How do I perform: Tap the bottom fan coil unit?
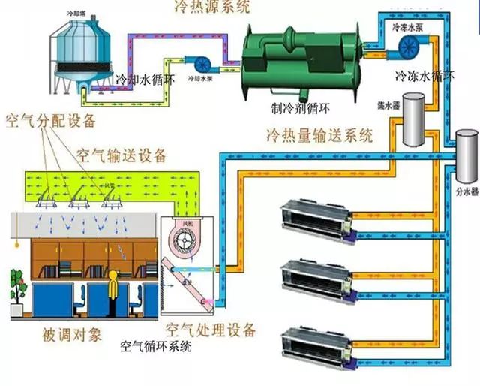click(x=316, y=340)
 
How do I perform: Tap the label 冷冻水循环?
click(x=425, y=76)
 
